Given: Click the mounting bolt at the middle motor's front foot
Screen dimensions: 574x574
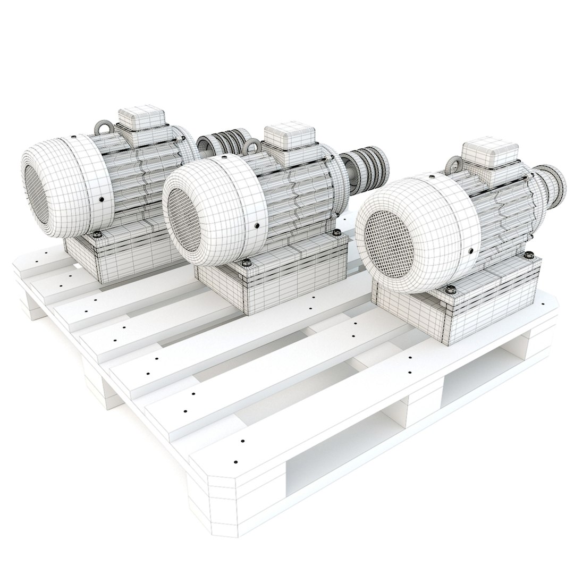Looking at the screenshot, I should pyautogui.click(x=247, y=262).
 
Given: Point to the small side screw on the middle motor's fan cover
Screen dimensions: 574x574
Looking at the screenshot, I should pyautogui.click(x=257, y=225).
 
